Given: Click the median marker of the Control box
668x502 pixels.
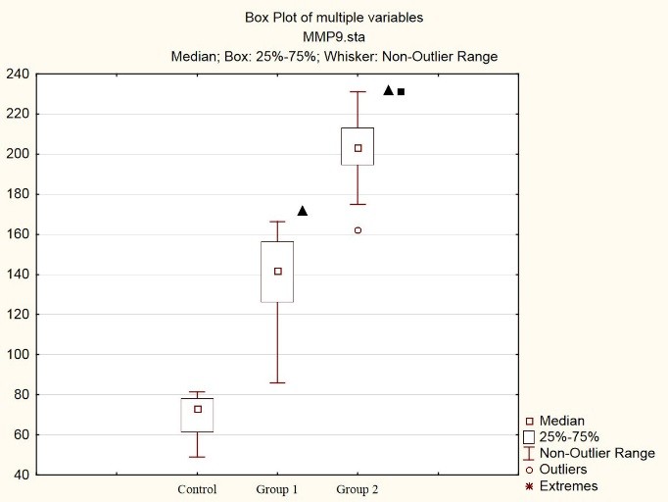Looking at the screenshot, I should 198,409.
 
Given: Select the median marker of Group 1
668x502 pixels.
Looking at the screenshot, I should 278,271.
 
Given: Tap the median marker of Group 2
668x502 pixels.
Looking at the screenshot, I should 358,148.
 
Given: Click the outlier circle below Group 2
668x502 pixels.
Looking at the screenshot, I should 358,230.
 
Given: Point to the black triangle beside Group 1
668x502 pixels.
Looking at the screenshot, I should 303,211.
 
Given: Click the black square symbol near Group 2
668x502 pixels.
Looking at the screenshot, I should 401,91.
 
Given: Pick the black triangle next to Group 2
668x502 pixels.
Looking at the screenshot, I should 388,90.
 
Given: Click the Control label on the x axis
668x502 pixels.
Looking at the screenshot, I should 197,489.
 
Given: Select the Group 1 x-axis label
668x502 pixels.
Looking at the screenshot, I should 277,489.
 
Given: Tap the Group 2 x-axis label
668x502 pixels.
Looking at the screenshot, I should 357,489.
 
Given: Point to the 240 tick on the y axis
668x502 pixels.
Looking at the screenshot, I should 17,74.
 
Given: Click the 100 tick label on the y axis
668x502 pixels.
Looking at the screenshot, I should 17,355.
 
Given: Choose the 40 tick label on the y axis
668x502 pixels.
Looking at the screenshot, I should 20,476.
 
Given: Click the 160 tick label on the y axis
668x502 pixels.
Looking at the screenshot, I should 17,234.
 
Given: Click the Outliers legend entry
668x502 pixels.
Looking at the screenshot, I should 562,470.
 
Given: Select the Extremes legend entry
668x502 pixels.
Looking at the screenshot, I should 567,485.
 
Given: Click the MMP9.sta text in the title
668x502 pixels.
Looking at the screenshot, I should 333,36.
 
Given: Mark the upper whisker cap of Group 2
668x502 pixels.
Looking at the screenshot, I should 358,92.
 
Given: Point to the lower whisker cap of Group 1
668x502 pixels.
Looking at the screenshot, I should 278,382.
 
